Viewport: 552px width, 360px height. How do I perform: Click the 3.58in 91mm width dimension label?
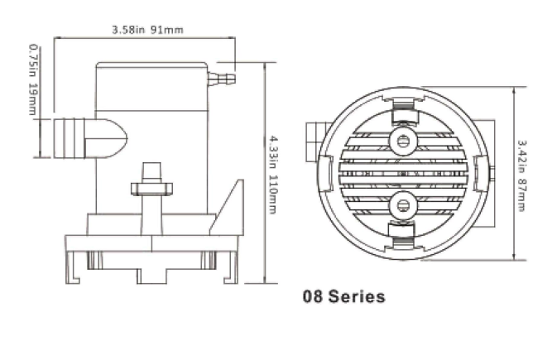[147, 30]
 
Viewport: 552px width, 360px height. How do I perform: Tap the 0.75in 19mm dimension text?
[32, 79]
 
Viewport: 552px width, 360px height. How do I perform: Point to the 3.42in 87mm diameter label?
[521, 175]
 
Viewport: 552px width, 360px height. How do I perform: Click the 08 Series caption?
[344, 296]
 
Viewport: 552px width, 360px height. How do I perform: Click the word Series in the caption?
[357, 296]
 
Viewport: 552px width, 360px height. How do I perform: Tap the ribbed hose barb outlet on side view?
[70, 138]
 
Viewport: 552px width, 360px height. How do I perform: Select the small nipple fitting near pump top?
[221, 78]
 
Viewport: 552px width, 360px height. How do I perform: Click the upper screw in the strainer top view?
[403, 142]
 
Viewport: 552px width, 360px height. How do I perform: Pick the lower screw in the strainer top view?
[403, 205]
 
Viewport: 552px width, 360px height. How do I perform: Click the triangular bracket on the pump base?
[227, 208]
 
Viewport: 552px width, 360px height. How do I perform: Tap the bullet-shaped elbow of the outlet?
[106, 138]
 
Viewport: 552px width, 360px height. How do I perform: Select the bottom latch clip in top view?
[402, 236]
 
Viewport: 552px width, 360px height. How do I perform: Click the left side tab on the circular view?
[325, 173]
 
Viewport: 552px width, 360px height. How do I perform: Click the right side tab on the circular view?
[481, 173]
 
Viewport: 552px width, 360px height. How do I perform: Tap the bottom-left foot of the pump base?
[73, 267]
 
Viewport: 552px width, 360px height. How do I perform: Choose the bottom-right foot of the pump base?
[231, 267]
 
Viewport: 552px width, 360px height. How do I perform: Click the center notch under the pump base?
[151, 276]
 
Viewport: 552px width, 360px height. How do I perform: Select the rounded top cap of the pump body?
[151, 65]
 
